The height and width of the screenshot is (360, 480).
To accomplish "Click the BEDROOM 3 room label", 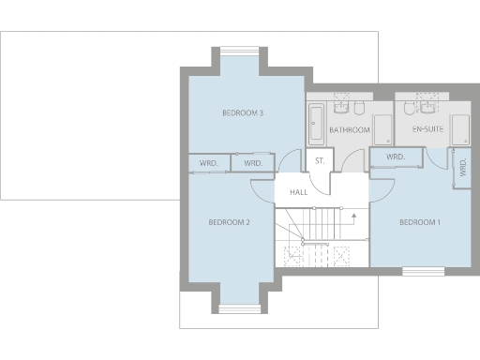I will click(x=242, y=113).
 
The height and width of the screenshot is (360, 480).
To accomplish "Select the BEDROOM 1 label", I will click(x=418, y=222).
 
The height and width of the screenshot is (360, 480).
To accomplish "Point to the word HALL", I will click(x=299, y=192).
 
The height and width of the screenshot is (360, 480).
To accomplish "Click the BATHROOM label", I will click(x=350, y=129).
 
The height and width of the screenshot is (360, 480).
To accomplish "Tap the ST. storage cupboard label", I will click(x=320, y=161).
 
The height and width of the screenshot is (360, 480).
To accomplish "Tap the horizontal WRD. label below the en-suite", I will click(x=395, y=157).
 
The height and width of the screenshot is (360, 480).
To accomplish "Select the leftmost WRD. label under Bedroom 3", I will click(x=209, y=163).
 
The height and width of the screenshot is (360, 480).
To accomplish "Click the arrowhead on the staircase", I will click(x=354, y=214).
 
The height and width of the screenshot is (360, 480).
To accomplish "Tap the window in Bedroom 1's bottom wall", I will click(x=423, y=271).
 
